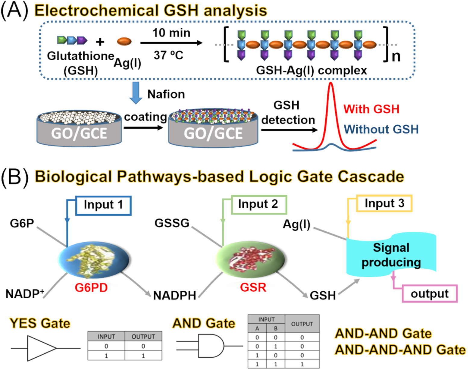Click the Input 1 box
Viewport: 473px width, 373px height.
pos(103,205)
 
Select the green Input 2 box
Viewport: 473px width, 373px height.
pos(258,205)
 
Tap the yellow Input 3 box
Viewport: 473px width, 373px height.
pos(384,204)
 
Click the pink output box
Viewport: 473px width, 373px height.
pos(429,293)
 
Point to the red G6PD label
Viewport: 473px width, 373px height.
pos(91,288)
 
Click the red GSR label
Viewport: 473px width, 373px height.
pos(253,287)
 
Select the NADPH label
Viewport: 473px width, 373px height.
pos(174,296)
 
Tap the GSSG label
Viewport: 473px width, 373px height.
pos(172,223)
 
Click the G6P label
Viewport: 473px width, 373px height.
pos(22,224)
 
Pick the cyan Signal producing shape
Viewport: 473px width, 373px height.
pos(391,255)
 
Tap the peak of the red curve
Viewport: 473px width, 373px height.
pos(331,84)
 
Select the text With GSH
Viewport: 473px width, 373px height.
pos(371,109)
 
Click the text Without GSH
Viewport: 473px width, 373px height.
pos(381,129)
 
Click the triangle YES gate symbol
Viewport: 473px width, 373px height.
pos(41,348)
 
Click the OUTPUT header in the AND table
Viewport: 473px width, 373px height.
pos(302,324)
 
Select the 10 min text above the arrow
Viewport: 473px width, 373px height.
pos(171,33)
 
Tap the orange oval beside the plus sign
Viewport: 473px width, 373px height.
pos(124,41)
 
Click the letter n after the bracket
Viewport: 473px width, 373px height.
pos(396,56)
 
